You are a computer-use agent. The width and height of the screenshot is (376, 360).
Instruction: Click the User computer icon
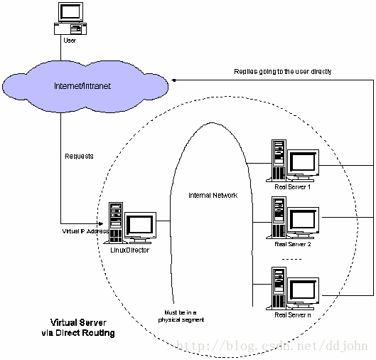coord(70,18)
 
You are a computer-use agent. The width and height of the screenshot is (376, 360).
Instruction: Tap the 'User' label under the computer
coord(70,41)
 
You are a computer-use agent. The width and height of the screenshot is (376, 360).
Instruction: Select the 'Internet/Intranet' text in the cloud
coord(82,86)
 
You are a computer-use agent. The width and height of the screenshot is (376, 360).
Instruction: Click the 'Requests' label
coord(79,157)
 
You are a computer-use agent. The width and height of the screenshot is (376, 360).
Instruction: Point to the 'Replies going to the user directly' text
coord(283,72)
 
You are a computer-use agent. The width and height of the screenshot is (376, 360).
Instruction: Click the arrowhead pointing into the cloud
coord(174,80)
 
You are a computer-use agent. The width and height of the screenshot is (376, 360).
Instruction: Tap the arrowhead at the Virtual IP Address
coord(101,224)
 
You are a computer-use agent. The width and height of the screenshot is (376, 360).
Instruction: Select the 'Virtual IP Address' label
coord(85,231)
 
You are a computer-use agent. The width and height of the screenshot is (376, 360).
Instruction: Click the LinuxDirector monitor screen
coord(140,226)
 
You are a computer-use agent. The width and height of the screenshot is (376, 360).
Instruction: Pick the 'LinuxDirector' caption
coord(130,250)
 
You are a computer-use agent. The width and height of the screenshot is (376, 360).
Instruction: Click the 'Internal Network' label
coord(213,196)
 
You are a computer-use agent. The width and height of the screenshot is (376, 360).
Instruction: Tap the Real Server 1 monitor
coord(303,165)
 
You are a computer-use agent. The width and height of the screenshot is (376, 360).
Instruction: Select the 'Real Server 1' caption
coord(293,187)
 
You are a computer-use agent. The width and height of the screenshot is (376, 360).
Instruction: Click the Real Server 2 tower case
coord(279,217)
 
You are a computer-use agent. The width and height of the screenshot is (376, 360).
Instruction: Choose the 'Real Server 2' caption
coord(293,244)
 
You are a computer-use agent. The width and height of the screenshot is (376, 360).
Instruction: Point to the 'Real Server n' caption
coord(293,315)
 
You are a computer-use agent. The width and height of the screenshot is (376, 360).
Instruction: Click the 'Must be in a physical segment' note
coord(181,316)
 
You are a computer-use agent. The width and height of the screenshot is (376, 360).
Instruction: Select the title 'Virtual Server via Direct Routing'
coord(78,327)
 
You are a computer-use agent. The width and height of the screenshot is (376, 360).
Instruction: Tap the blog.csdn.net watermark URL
coord(272,346)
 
